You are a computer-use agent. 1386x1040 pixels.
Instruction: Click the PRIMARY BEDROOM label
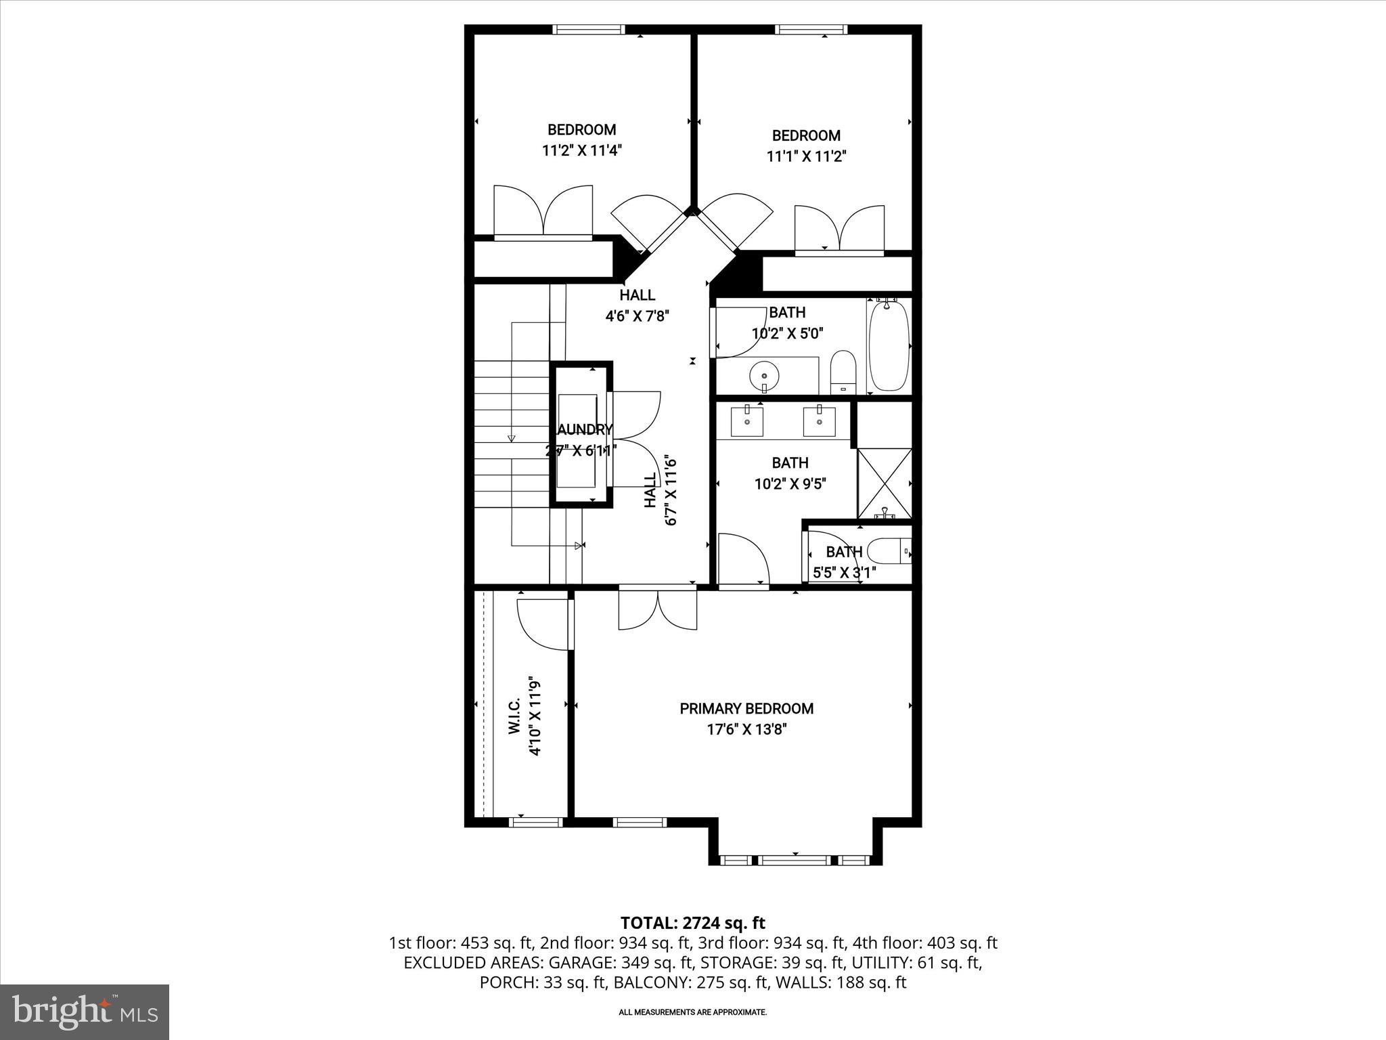pyautogui.click(x=746, y=708)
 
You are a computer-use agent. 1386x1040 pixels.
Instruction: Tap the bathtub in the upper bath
pyautogui.click(x=888, y=347)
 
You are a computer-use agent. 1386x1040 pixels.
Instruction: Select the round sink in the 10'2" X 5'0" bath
pyautogui.click(x=764, y=374)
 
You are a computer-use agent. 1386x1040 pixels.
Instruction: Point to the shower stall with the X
pyautogui.click(x=885, y=483)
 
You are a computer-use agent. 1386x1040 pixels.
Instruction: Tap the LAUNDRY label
pyautogui.click(x=583, y=429)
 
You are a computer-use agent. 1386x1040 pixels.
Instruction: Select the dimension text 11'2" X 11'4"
pyautogui.click(x=581, y=150)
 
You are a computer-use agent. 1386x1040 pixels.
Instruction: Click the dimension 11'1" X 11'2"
pyautogui.click(x=806, y=156)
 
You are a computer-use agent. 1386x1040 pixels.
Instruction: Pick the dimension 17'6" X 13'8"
pyautogui.click(x=746, y=730)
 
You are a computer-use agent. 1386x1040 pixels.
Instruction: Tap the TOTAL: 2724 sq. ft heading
pyautogui.click(x=692, y=923)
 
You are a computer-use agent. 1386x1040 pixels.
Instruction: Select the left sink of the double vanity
pyautogui.click(x=747, y=421)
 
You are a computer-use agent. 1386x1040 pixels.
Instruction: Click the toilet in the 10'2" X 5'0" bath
pyautogui.click(x=843, y=371)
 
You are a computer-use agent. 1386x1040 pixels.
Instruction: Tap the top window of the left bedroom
pyautogui.click(x=587, y=29)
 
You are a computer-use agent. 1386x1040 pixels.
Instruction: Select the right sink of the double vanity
pyautogui.click(x=819, y=421)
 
